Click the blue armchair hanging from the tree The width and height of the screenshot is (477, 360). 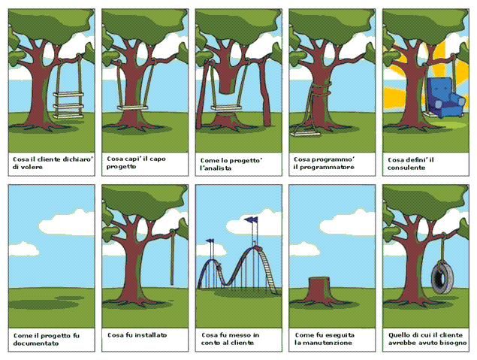(445, 98)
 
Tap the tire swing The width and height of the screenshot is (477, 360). (442, 277)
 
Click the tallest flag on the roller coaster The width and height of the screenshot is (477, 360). (252, 219)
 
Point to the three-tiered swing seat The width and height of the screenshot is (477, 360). (68, 105)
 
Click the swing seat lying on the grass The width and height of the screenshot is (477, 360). (305, 134)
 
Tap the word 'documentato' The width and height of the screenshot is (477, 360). (36, 343)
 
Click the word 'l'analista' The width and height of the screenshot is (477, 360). (216, 168)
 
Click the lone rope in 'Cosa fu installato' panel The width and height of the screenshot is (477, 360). (172, 257)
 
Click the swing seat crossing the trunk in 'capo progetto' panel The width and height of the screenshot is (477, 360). (133, 107)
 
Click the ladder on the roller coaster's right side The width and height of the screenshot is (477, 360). (267, 270)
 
